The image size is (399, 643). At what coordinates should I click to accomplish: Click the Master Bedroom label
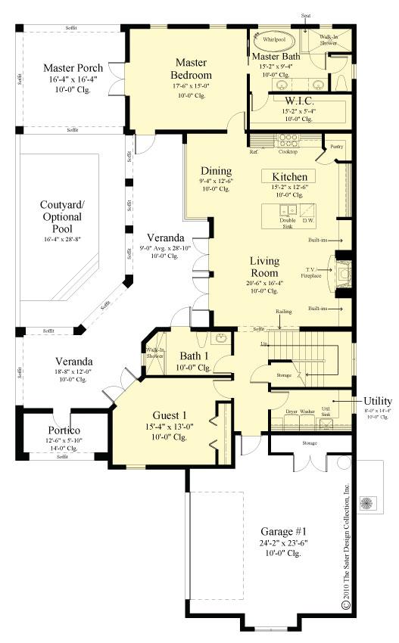click(193, 68)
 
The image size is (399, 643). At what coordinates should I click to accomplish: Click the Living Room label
click(264, 266)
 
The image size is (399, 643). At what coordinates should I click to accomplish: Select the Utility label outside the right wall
click(377, 400)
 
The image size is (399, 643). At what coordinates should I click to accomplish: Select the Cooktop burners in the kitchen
click(288, 140)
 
